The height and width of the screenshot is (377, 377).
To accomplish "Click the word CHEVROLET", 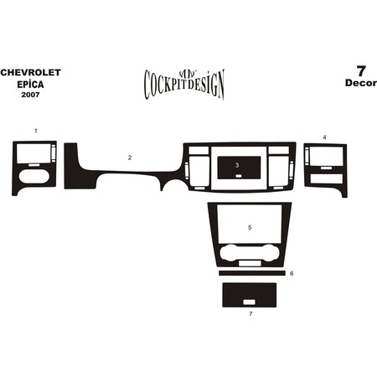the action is point(30,73).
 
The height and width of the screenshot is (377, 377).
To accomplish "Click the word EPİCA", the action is point(30,85).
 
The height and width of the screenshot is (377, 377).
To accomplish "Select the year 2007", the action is point(30,95).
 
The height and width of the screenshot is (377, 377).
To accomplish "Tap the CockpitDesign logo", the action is point(184,85).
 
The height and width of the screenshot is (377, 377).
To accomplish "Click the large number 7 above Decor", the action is point(361,71).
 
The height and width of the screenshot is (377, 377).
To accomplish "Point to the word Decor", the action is point(361,83).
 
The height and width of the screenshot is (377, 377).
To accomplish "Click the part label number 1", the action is point(36,131).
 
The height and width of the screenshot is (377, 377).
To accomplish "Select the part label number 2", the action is point(130,158).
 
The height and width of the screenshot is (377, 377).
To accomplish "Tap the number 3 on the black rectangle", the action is point(237,165).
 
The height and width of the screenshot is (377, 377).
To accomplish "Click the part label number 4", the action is point(324,137).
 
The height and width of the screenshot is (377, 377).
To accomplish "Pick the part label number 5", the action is point(250,228).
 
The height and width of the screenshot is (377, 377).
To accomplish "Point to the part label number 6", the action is point(292,273).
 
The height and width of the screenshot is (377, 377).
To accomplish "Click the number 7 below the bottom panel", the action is point(250,314).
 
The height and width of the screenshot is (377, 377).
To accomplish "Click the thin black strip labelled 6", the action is point(252,273).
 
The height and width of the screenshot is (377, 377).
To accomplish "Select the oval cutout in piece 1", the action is point(34,176).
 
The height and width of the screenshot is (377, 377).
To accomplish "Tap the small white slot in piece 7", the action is point(249,302).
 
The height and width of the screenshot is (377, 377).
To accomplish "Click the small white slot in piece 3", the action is point(239,176).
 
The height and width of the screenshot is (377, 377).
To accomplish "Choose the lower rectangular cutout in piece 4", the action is point(327,179).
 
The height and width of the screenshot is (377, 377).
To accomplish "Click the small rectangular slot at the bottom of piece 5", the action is point(250,263).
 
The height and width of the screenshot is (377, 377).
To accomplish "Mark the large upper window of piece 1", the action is point(34,153).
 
